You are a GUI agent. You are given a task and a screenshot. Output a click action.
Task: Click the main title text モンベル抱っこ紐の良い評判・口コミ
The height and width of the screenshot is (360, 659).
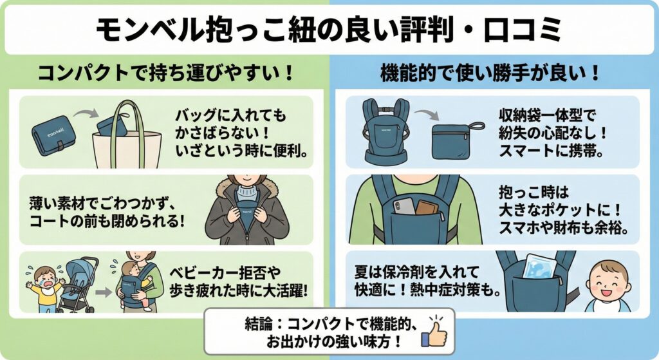pyautogui.click(x=329, y=30)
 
